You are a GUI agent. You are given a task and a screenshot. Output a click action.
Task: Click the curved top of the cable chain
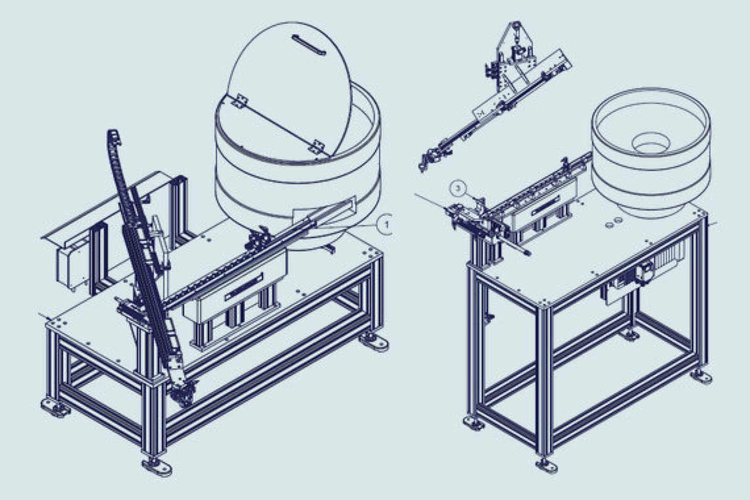(115, 138)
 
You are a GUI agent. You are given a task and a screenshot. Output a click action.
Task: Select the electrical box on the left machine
(73, 267)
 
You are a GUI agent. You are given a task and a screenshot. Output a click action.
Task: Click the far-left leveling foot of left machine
(55, 407)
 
